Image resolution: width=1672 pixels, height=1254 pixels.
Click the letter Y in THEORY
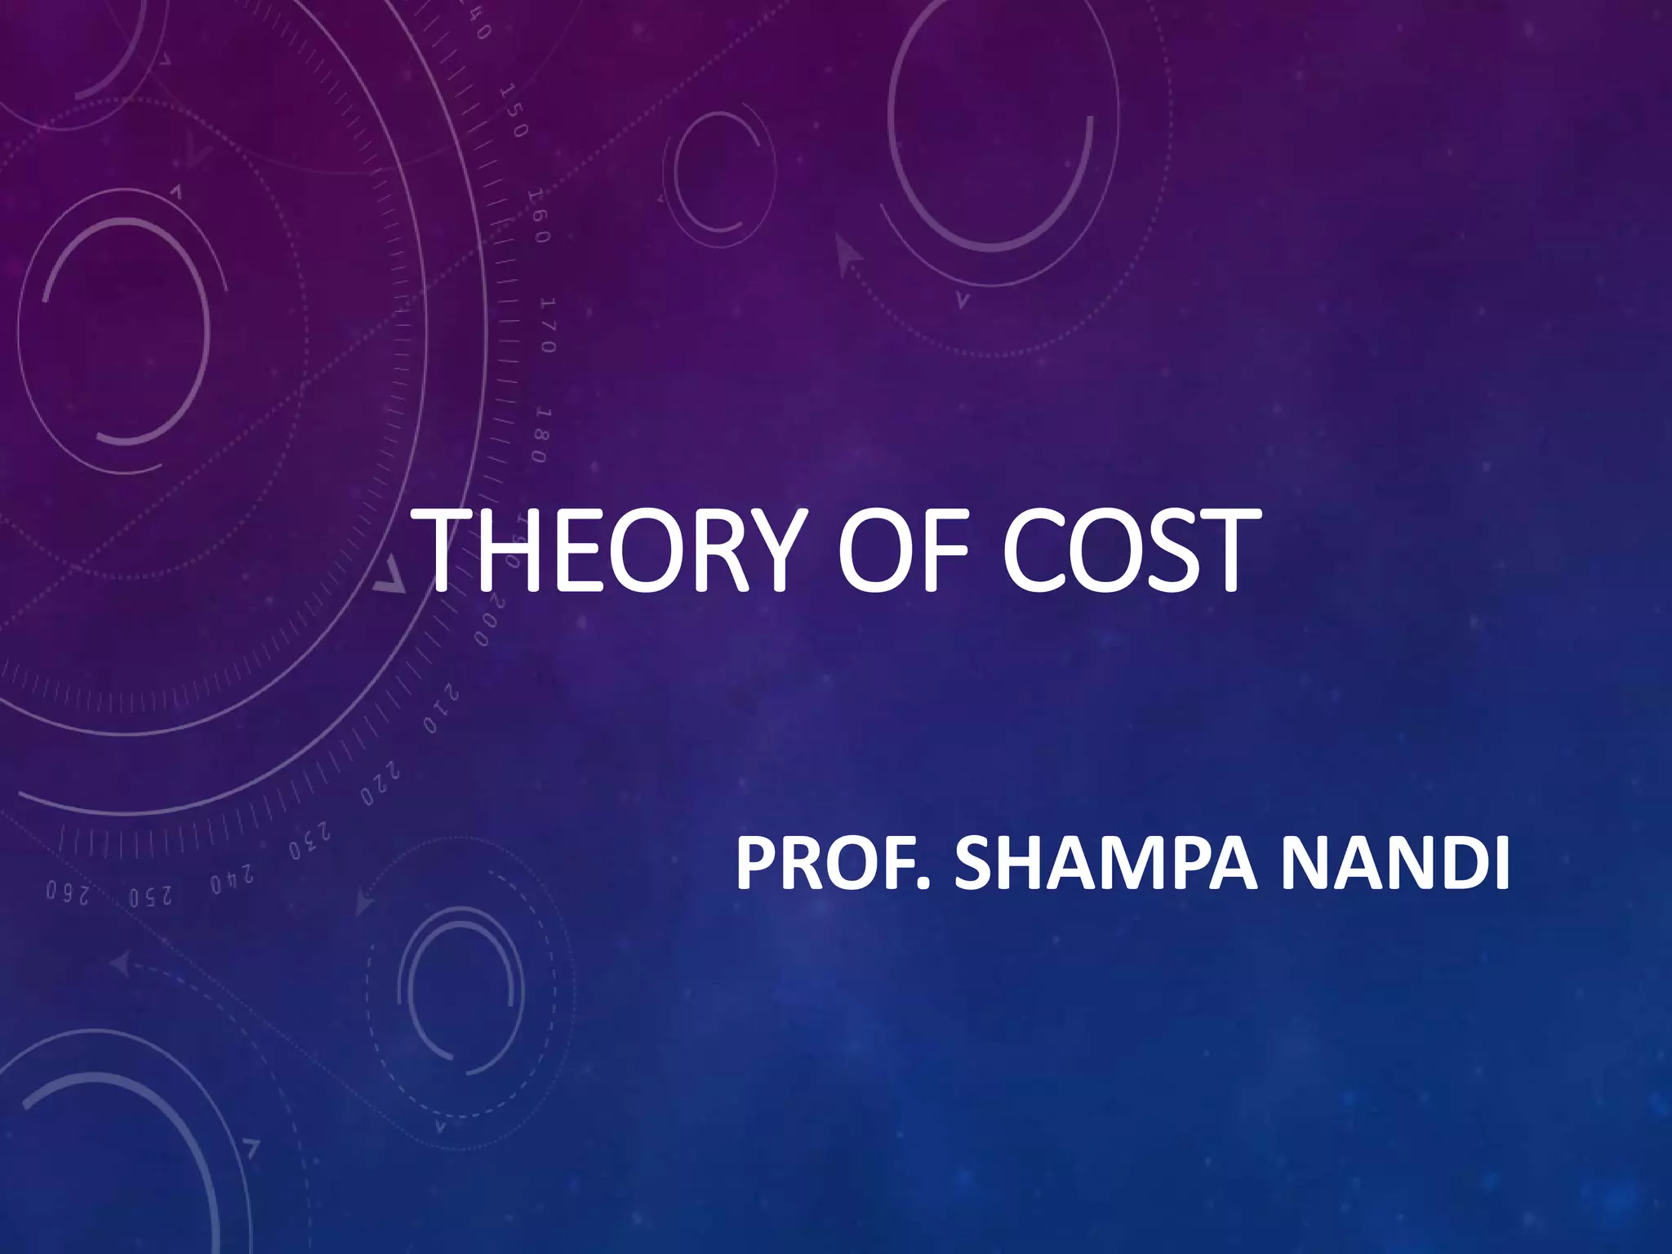tap(760, 551)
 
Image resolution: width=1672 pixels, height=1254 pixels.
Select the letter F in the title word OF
tap(945, 551)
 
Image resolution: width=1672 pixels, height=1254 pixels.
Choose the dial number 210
tap(442, 709)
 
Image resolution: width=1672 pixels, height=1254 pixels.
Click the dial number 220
tap(381, 783)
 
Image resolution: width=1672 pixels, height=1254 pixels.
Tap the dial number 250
tap(150, 895)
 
